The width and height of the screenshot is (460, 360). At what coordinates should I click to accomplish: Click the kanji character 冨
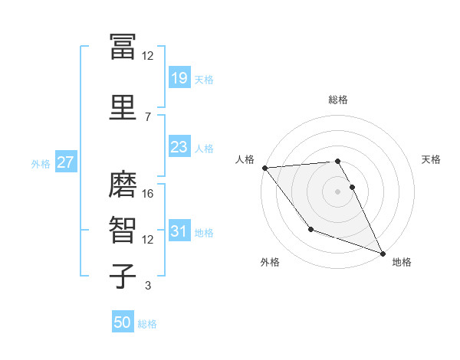[x=123, y=47]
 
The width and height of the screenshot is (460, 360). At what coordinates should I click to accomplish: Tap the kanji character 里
[x=123, y=108]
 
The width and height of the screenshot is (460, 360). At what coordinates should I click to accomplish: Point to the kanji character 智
[x=123, y=231]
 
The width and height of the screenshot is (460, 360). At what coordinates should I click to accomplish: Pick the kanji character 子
[x=123, y=276]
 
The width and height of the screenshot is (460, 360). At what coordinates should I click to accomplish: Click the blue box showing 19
[x=179, y=78]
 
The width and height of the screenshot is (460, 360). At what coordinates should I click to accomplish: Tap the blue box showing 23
[x=179, y=147]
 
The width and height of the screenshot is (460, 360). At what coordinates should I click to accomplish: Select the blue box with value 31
[x=179, y=231]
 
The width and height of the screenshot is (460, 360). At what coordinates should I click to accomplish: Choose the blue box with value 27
[x=65, y=162]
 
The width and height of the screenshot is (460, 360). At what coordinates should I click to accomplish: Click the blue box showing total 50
[x=123, y=322]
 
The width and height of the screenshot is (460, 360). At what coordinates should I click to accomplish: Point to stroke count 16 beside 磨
[x=149, y=194]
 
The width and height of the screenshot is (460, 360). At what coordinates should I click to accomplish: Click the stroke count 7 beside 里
[x=148, y=116]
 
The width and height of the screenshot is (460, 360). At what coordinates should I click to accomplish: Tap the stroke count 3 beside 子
[x=148, y=286]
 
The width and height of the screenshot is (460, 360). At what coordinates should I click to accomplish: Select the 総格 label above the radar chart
[x=338, y=100]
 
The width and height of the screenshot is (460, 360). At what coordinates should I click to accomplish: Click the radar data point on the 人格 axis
[x=264, y=168]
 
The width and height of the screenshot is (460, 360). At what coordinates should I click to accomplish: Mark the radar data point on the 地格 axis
[x=383, y=253]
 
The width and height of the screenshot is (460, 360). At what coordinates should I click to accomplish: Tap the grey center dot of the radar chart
[x=338, y=191]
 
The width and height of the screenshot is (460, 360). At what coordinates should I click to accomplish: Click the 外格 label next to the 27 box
[x=40, y=163]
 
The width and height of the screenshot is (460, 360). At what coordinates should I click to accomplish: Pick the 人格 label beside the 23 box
[x=204, y=148]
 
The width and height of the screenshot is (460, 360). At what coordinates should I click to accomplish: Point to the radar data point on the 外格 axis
[x=310, y=229]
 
